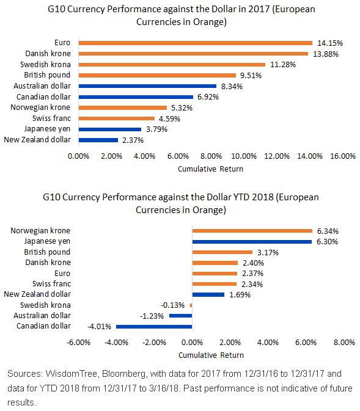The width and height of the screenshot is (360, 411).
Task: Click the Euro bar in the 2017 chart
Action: point(196,43)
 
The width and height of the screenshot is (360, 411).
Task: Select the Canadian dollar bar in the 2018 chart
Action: point(154,327)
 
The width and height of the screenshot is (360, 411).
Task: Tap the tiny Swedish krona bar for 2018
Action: point(191,305)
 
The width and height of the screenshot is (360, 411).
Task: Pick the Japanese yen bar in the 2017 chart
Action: point(110,129)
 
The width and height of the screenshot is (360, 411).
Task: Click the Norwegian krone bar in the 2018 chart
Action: point(252,231)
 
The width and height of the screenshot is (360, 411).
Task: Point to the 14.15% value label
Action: point(330,43)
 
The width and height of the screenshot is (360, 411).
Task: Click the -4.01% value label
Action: point(99,327)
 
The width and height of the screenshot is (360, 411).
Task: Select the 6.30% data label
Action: point(327,242)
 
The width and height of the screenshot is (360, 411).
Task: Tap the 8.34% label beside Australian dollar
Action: point(232,86)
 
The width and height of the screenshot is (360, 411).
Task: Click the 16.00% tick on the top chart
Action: point(343,156)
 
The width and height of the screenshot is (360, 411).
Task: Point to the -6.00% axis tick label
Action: point(78,343)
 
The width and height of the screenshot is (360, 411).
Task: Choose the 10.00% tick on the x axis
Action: point(244,156)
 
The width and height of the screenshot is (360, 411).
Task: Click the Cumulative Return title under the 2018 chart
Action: point(211,355)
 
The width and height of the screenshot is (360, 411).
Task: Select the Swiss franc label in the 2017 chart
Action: point(52,118)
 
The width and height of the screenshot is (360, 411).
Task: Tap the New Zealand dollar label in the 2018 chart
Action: point(37,294)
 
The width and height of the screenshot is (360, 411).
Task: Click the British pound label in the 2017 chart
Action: point(47,75)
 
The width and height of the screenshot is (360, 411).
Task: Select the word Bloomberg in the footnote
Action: point(123,374)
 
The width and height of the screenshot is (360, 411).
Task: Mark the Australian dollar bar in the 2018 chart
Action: point(181,316)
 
